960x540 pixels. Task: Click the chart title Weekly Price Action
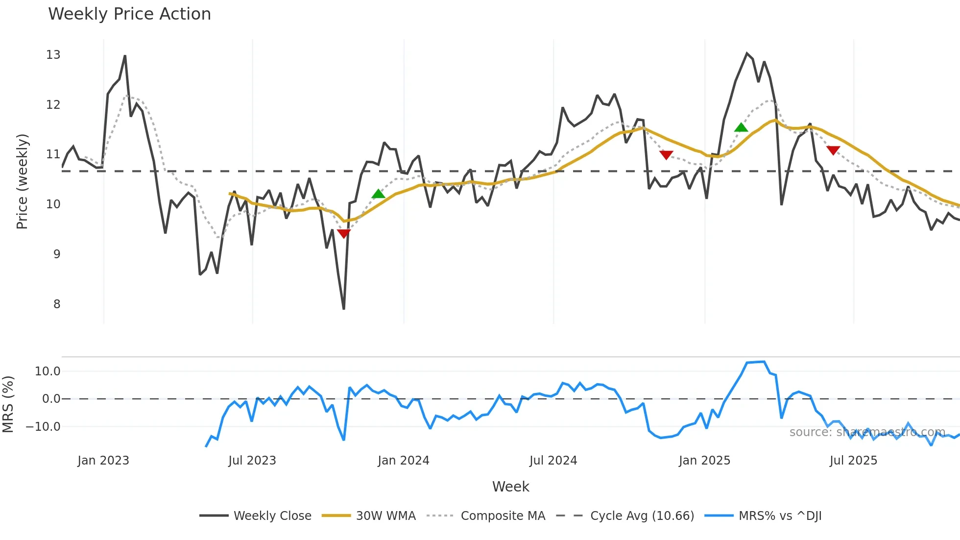point(129,14)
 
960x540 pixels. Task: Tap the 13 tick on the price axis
point(53,55)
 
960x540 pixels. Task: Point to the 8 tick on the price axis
point(57,304)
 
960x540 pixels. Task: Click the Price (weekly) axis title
point(22,181)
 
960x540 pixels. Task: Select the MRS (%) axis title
point(8,404)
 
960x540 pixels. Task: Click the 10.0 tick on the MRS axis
point(48,371)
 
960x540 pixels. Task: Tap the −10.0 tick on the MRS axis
point(44,427)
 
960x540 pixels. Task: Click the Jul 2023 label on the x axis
point(252,461)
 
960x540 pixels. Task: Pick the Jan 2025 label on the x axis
point(704,461)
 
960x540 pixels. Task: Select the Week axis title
point(510,487)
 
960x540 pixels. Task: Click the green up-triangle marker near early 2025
point(741,128)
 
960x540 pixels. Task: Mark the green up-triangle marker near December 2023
point(378,194)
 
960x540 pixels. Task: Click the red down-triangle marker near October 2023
point(344,233)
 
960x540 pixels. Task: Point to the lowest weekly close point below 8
point(344,309)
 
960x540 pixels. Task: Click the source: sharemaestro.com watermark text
point(867,432)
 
